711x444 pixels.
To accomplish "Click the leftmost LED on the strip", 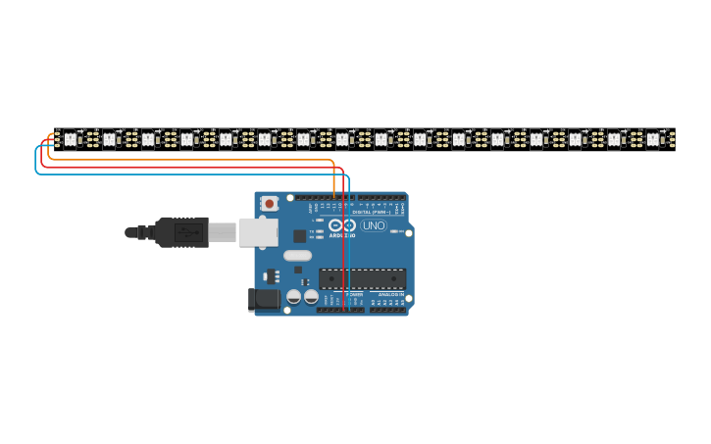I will [70, 139].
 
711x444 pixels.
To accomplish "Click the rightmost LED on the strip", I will [652, 139].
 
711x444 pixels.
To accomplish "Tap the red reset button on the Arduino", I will [269, 203].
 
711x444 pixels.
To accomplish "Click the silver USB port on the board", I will [258, 232].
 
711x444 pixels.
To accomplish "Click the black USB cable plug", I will [182, 232].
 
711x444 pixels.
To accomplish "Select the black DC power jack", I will [262, 299].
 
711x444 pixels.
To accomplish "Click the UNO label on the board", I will [374, 225].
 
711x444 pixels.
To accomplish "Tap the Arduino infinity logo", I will [348, 225].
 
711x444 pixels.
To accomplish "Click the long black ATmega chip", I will [362, 278].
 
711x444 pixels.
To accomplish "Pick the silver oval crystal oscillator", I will [298, 256].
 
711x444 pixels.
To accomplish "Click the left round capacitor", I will [293, 295].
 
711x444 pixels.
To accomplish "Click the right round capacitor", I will [311, 295].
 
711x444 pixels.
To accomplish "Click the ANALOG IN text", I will [391, 294].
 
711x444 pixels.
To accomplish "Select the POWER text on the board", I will [354, 294].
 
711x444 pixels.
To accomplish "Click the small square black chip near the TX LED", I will [299, 236].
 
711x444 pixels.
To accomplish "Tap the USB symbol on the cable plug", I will [188, 232].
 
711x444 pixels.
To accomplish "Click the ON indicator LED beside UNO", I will [393, 231].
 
